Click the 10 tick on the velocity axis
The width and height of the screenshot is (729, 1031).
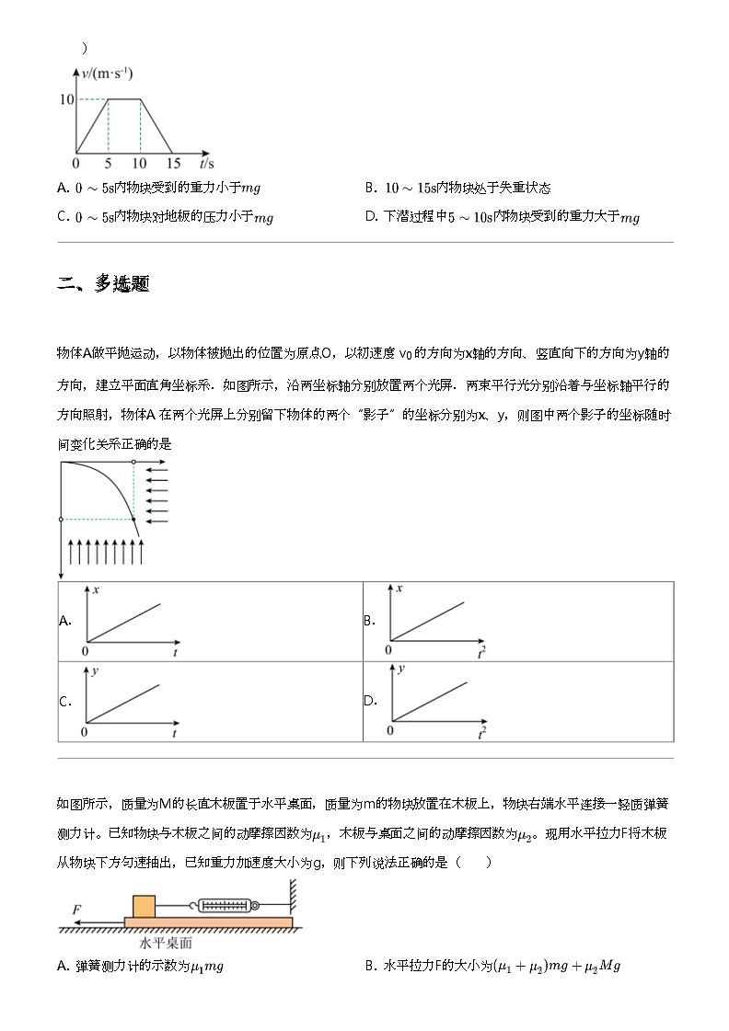[x=66, y=98]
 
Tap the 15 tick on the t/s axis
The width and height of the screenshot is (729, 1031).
[x=172, y=163]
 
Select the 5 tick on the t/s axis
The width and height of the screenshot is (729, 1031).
[x=109, y=163]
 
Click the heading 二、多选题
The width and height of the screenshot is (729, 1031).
[x=103, y=284]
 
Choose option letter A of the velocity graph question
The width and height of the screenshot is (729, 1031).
[x=62, y=188]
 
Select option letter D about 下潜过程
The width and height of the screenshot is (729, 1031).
[x=371, y=217]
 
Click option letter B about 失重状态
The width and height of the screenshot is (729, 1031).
[x=370, y=188]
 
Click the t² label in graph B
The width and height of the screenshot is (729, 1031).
[x=481, y=652]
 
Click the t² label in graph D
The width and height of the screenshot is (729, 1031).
[x=481, y=733]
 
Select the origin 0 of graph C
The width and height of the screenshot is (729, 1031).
[x=85, y=732]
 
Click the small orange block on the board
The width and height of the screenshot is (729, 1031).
[x=145, y=906]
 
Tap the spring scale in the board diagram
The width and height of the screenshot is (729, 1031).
[x=226, y=906]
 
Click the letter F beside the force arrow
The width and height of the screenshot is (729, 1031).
[x=77, y=910]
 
